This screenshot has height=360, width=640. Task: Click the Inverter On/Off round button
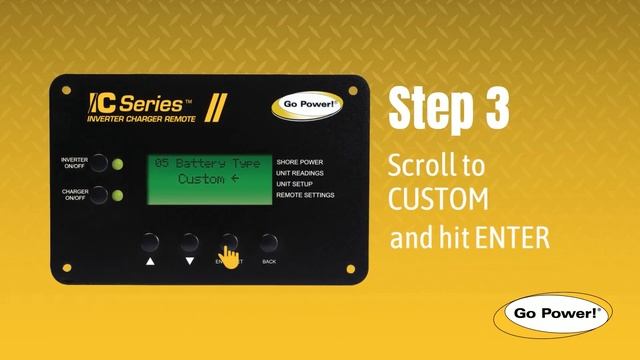tap(99, 163)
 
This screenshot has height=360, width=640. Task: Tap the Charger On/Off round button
tap(99, 195)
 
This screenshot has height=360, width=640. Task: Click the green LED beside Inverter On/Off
tap(118, 164)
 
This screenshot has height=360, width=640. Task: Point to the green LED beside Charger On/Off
tap(118, 196)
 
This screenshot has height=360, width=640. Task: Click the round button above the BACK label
tap(269, 243)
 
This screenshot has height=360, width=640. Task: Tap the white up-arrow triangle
tap(150, 261)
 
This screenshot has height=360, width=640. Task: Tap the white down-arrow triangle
tap(190, 261)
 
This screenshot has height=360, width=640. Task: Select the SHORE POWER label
tap(300, 162)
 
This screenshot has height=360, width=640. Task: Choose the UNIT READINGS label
tap(300, 173)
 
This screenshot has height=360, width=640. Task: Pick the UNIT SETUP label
tap(294, 184)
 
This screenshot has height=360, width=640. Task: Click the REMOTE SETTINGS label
tap(305, 195)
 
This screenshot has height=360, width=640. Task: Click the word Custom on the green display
tap(201, 179)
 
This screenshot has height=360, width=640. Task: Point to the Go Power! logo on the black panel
tap(307, 105)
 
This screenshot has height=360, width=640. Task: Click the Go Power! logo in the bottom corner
tap(553, 315)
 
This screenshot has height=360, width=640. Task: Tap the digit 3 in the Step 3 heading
tap(497, 109)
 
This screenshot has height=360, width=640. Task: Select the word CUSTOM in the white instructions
tap(438, 199)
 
